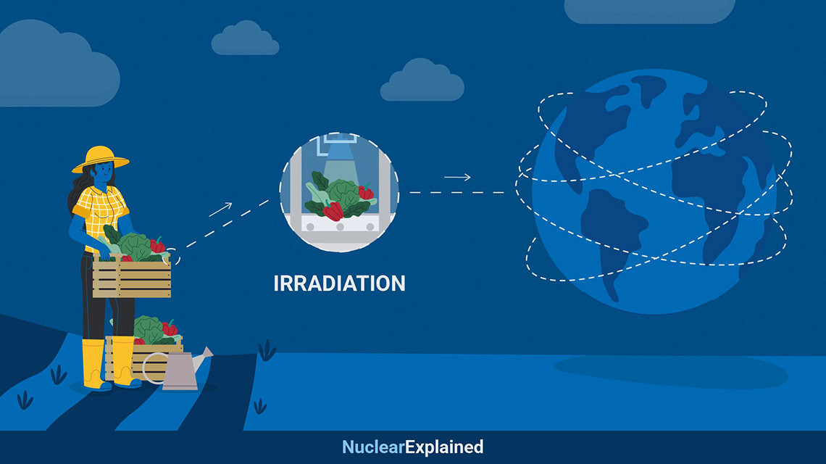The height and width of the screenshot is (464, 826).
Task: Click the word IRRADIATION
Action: point(339,283)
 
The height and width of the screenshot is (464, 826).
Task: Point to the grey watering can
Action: point(181,370)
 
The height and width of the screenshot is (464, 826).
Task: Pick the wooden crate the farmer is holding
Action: point(132,278)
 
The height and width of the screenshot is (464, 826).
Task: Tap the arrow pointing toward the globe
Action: point(457,178)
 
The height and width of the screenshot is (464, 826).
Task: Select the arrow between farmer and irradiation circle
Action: point(220,210)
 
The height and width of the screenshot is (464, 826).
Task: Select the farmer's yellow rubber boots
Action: point(109,362)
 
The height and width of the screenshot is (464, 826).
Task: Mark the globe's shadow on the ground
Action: point(669,370)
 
